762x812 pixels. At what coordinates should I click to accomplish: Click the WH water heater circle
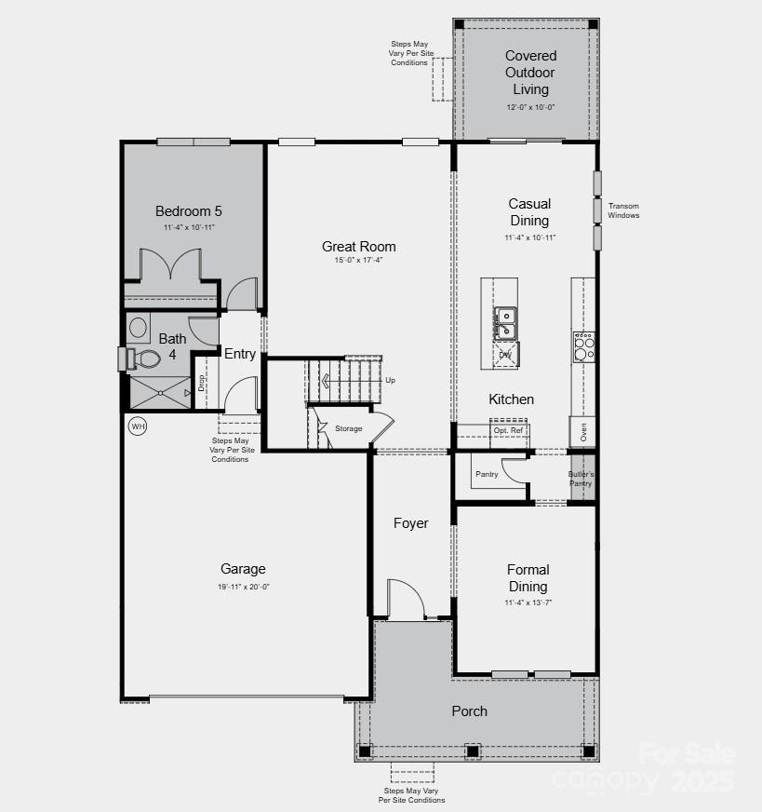point(138,426)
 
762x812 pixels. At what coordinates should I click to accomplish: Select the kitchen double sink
point(505,323)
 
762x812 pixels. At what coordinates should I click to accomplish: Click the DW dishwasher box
point(505,355)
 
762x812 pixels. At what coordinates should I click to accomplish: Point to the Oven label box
point(583,431)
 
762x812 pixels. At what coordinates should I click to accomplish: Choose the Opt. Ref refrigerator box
point(509,431)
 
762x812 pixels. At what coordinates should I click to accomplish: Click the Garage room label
point(243,569)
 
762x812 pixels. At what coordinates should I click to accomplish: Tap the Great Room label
point(359,247)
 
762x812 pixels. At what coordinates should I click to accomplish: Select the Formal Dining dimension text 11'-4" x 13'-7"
point(528,603)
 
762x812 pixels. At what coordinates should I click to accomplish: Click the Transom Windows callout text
point(623,210)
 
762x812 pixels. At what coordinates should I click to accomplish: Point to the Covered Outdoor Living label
point(531,73)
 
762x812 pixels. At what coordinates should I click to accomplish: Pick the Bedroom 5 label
point(189,211)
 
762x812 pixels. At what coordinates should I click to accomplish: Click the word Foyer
point(411,523)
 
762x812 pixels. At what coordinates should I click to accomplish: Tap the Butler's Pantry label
point(581,479)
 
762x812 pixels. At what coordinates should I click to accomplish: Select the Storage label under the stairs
point(349,428)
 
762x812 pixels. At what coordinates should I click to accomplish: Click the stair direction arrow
point(326,380)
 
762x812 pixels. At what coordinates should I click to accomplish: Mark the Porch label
point(470,711)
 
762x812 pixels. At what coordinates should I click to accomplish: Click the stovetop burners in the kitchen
point(583,347)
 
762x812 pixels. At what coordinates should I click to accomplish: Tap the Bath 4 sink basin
point(140,327)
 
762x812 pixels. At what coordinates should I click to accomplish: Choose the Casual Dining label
point(529,212)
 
